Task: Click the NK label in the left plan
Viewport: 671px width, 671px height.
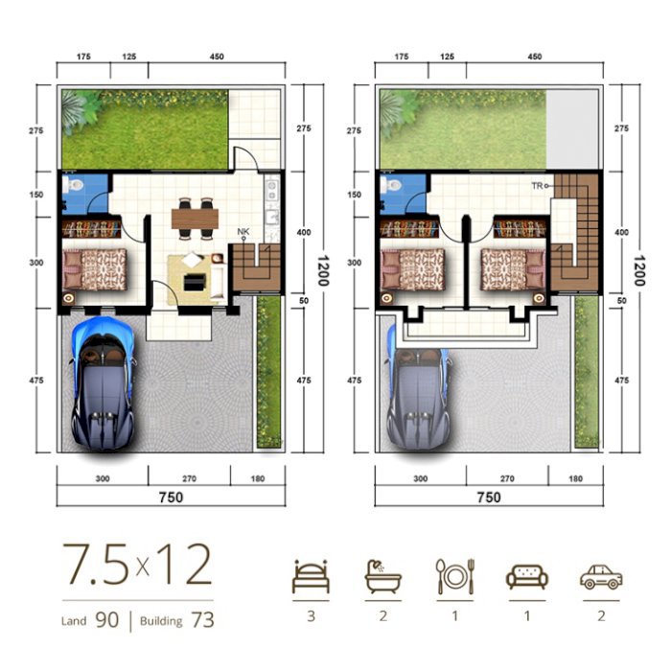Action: [243, 232]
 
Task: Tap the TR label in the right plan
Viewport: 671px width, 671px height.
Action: [537, 186]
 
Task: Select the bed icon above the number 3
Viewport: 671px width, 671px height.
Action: [312, 576]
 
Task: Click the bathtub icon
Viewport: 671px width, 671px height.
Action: [383, 576]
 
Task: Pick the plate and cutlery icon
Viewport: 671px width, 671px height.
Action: [455, 576]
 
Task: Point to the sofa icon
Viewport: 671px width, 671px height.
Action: [527, 577]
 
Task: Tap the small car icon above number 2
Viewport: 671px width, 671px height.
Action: [601, 577]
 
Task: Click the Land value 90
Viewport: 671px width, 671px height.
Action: [106, 619]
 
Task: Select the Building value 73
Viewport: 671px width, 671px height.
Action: [202, 619]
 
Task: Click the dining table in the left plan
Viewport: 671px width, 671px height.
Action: [196, 219]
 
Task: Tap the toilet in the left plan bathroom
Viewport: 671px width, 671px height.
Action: [73, 185]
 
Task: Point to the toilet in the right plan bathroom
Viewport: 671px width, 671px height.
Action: [391, 185]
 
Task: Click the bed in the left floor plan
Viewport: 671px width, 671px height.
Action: [95, 269]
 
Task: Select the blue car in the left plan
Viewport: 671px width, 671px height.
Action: [104, 383]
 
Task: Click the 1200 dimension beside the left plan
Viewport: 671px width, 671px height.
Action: [323, 270]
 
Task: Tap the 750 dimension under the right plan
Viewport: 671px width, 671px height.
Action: [489, 497]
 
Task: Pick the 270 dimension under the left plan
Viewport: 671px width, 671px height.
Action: [189, 479]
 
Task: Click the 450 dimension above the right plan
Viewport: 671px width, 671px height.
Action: [535, 57]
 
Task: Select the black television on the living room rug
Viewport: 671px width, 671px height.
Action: [195, 283]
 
